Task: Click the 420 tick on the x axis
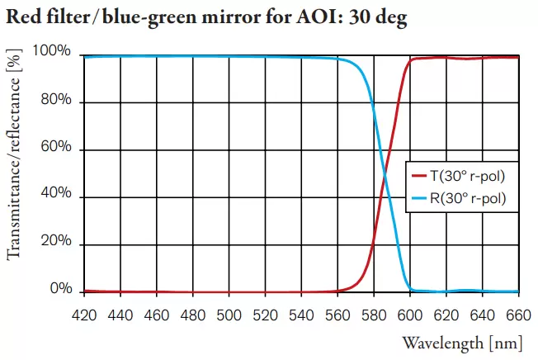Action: coord(84,315)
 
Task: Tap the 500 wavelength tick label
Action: coord(229,315)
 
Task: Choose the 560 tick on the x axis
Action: coord(337,315)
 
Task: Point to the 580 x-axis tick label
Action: coord(374,315)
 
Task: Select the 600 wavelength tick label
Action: coord(410,315)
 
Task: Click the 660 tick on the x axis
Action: coord(518,315)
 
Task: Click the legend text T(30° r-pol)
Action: coord(467,176)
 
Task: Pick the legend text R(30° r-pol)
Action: coord(467,198)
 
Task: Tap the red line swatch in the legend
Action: coord(418,176)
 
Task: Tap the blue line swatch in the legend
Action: coord(418,198)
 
